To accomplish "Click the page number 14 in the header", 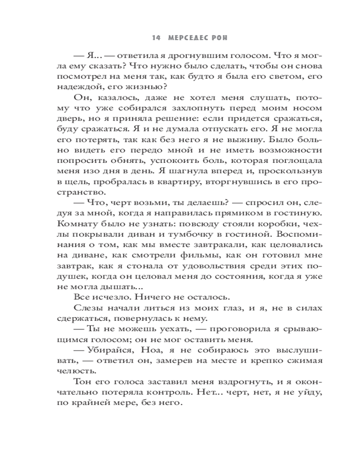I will [156, 38].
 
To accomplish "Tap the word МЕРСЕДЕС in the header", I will [188, 38].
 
